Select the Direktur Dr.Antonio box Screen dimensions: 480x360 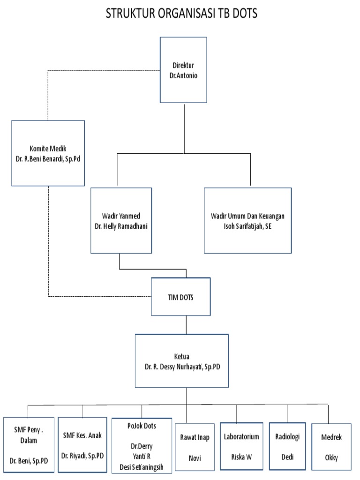click(183, 69)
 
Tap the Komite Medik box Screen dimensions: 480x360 click(48, 153)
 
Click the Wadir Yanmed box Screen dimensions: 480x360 click(121, 220)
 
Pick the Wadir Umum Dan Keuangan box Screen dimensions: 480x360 click(247, 220)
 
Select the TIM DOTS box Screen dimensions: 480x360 click(180, 296)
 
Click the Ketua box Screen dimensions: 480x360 click(182, 360)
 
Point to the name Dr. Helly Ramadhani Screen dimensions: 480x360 click(121, 225)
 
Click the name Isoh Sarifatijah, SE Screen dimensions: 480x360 click(247, 225)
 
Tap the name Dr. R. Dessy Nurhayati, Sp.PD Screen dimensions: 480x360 click(182, 367)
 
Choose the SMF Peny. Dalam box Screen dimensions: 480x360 click(29, 443)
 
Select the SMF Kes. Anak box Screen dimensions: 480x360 click(82, 443)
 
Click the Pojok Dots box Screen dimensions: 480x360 click(142, 443)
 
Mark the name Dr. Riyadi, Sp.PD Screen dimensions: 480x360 click(82, 455)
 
